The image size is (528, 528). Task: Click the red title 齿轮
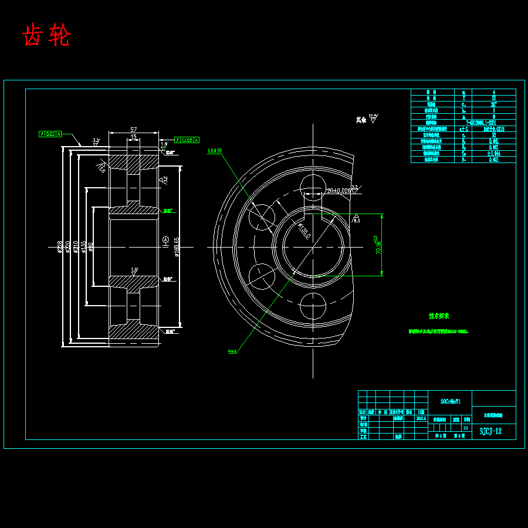click(46, 36)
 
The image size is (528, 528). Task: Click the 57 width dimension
click(133, 129)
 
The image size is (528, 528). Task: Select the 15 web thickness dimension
click(133, 137)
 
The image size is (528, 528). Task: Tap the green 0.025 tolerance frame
click(187, 140)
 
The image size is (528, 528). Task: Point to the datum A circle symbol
click(165, 239)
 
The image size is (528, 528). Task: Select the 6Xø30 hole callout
click(214, 151)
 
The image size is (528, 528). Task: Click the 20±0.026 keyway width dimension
click(339, 191)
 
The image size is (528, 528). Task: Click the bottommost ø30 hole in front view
click(313, 306)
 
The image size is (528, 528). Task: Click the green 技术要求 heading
click(438, 316)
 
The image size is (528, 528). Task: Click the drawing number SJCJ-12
click(490, 431)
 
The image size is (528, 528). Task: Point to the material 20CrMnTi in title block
click(451, 402)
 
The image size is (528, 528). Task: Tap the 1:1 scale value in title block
click(466, 428)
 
